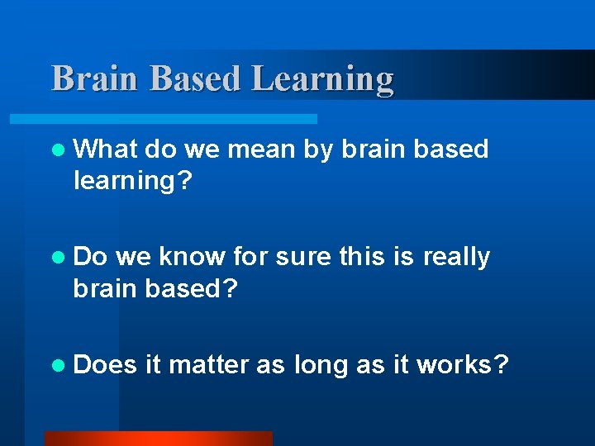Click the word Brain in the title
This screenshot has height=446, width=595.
(92, 79)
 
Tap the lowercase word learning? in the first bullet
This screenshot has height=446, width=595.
(132, 180)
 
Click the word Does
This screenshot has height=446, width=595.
(105, 365)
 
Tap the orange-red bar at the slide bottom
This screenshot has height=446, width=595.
(158, 438)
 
